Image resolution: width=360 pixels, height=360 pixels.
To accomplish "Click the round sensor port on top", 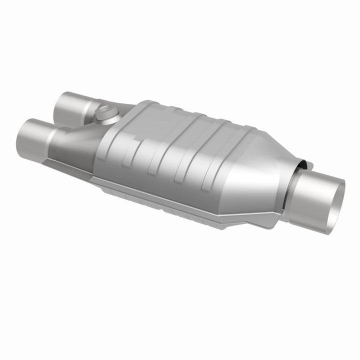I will pos(106,113).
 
